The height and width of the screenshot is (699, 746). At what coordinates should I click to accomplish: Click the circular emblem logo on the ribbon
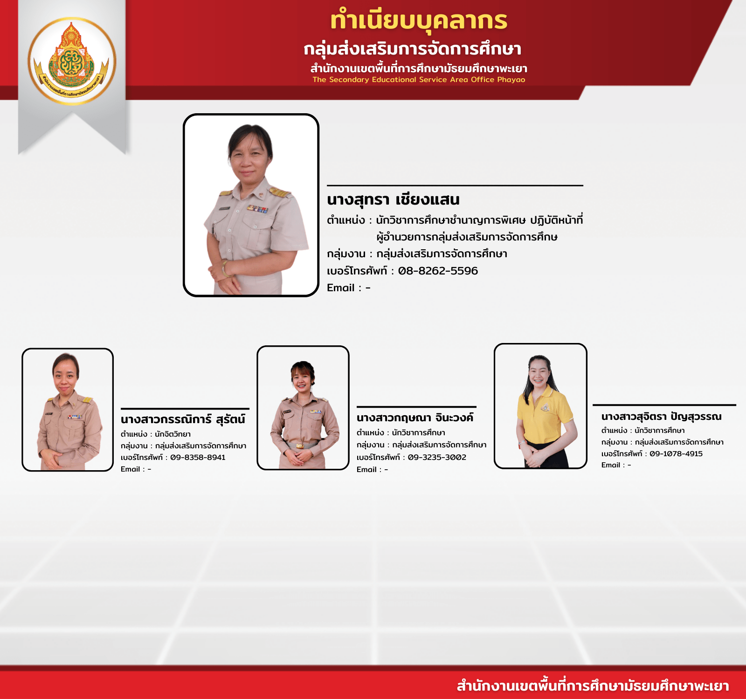(72, 61)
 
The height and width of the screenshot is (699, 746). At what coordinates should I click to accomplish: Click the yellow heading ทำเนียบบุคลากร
(419, 21)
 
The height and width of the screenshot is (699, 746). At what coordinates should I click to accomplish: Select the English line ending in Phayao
(419, 80)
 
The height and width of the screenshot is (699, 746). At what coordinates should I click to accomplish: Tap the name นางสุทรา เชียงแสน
(393, 199)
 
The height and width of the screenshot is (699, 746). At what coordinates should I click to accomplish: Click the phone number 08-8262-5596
(438, 271)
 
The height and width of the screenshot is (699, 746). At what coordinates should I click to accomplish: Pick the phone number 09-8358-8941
(198, 458)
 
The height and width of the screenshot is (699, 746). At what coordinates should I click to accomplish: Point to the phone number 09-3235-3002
(437, 458)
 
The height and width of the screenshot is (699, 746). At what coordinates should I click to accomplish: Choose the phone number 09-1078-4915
(676, 454)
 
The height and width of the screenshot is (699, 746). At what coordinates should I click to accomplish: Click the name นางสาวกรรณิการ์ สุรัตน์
(183, 419)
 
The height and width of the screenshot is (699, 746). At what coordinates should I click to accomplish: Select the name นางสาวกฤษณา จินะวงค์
(415, 417)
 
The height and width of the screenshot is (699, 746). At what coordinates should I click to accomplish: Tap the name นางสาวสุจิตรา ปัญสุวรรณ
(661, 416)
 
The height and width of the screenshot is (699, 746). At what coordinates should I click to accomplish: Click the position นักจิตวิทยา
(173, 434)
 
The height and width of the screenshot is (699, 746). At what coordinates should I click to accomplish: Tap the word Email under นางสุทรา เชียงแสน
(341, 288)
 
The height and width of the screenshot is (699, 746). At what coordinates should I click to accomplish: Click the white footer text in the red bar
(593, 686)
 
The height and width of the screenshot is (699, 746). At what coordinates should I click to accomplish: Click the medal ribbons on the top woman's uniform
(257, 209)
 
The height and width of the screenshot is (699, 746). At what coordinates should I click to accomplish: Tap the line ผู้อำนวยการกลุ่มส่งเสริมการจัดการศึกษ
(467, 237)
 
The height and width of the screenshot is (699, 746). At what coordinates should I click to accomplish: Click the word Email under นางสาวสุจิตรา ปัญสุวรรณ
(611, 465)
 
